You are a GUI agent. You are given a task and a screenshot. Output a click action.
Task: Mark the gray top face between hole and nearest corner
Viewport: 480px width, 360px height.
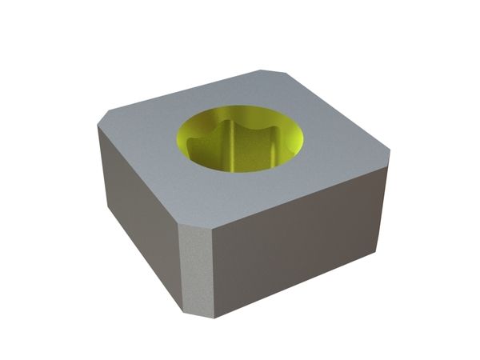216,196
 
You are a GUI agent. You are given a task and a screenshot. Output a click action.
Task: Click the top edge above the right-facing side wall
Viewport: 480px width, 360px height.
304,192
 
